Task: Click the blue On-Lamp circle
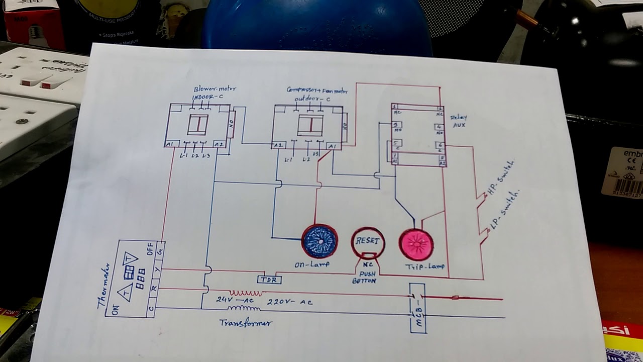coord(320,242)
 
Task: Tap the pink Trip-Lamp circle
coord(416,244)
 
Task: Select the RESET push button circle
coord(368,242)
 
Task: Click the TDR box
coord(269,280)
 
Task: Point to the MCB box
coord(418,308)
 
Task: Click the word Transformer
coord(246,323)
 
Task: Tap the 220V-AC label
coord(290,302)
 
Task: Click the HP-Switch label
coord(500,179)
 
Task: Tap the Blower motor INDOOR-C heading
coord(213,93)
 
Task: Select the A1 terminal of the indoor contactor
coord(169,144)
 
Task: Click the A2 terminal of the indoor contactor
coord(219,144)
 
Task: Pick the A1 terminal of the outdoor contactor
coord(332,146)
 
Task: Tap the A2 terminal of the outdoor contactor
coord(278,146)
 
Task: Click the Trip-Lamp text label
coord(424,266)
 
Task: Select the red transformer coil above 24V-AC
coord(246,293)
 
